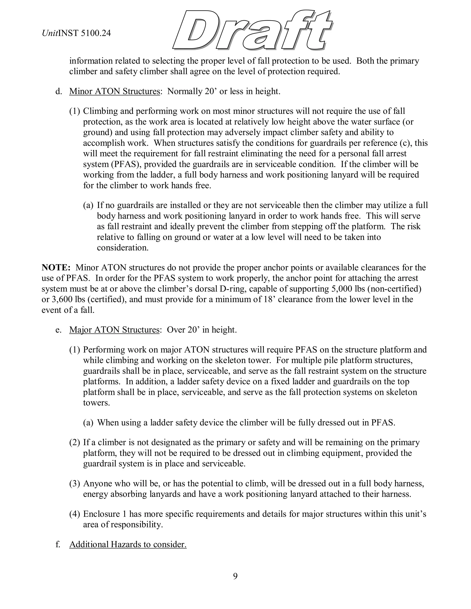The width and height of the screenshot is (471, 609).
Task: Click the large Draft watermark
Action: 253,30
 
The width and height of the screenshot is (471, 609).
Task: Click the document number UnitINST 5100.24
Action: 76,33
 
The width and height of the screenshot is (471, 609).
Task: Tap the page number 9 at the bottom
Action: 235,576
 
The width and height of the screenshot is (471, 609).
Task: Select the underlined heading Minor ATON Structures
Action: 114,91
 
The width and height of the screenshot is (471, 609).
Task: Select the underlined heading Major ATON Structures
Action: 114,330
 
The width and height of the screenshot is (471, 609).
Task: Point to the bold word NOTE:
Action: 56,268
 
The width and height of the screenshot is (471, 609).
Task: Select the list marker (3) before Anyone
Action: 75,483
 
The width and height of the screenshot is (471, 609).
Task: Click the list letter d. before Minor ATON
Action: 58,91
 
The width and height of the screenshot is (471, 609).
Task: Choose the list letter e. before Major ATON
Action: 58,330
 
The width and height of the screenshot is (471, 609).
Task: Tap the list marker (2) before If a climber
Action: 75,443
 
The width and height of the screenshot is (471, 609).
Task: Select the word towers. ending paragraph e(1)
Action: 97,403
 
